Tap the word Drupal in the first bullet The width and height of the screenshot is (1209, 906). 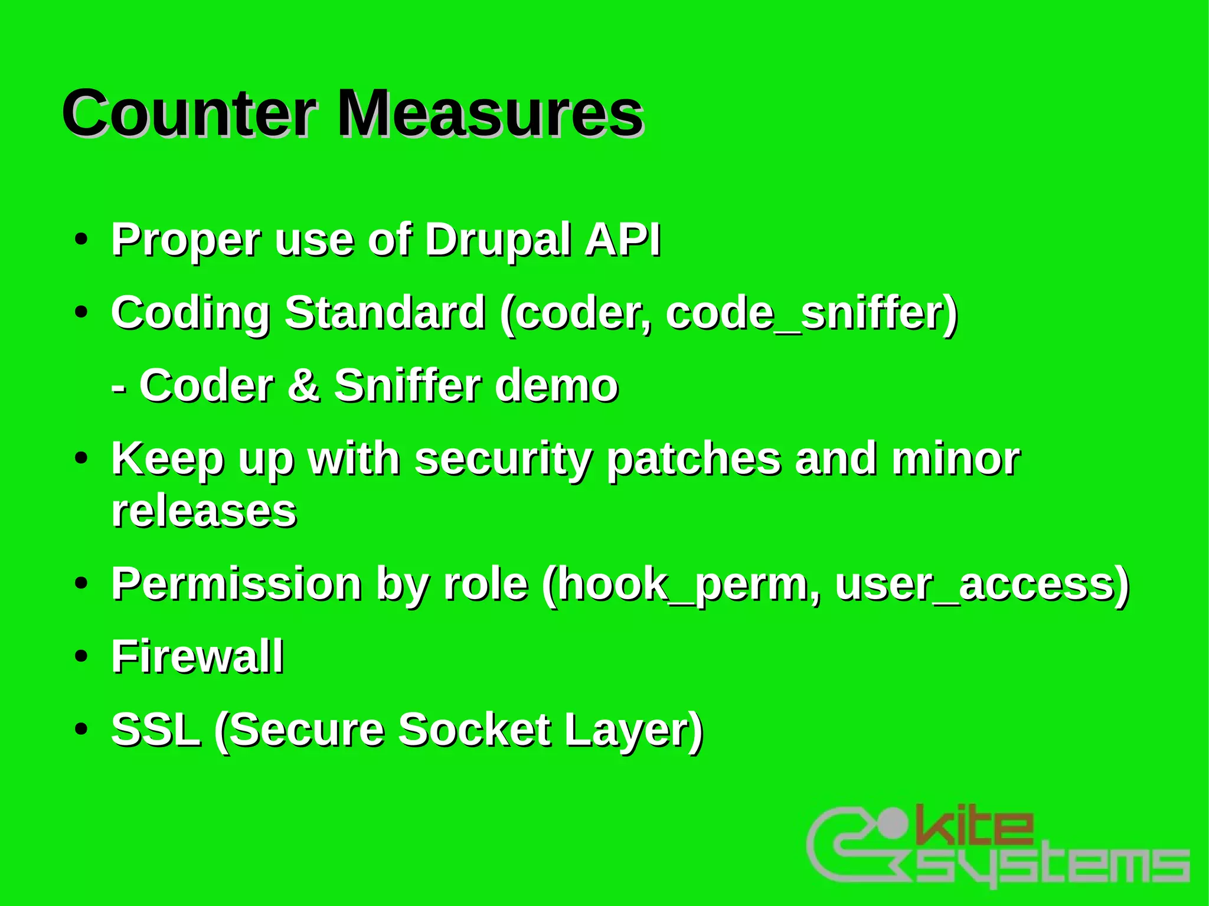coord(498,241)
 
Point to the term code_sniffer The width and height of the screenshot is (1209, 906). coord(812,314)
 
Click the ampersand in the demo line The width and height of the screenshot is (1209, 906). coord(304,386)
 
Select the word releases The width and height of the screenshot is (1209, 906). coord(204,511)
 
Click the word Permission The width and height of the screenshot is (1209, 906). coord(237,584)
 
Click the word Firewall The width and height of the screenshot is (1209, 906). coord(198,656)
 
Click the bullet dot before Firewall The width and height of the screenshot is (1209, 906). coord(81,656)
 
